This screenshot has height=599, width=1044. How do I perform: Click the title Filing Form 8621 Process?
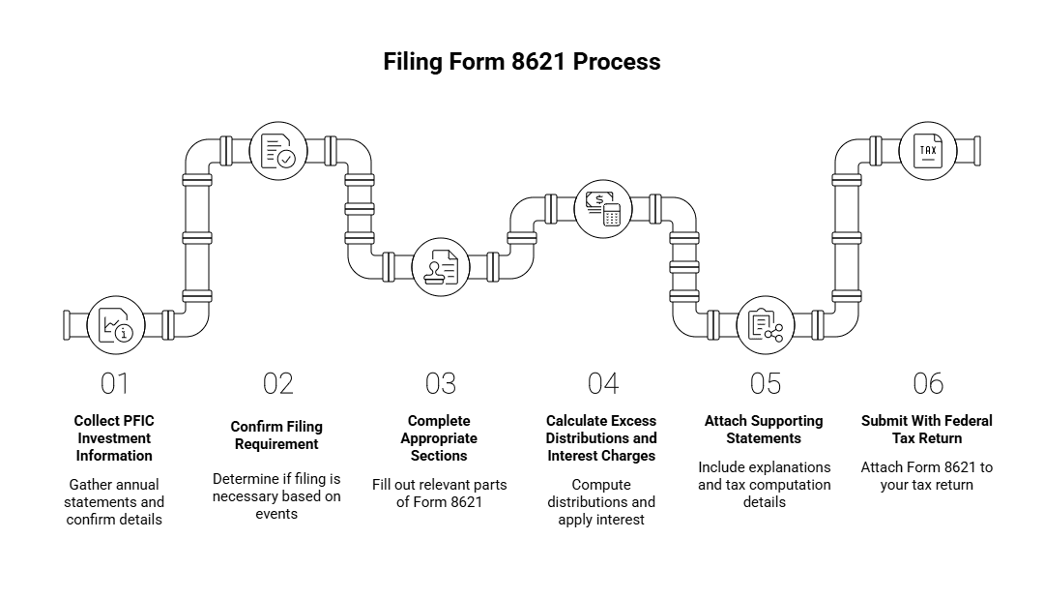(522, 62)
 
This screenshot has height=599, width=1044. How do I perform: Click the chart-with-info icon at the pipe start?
(115, 324)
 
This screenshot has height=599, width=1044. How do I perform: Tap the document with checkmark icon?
(277, 151)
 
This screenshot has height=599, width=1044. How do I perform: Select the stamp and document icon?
(440, 266)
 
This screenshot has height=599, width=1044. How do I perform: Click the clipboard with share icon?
(766, 324)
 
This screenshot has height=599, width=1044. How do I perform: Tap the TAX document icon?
(928, 151)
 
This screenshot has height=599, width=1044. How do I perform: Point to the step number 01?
(115, 384)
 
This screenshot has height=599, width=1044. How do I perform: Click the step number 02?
(277, 384)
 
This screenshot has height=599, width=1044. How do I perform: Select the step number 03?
(440, 384)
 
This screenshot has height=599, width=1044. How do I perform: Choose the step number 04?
(603, 384)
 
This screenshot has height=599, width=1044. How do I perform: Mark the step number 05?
(766, 384)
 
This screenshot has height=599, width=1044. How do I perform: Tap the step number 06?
(928, 384)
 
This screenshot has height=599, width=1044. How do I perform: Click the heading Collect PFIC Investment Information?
(115, 438)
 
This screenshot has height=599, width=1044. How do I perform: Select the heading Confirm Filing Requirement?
(277, 435)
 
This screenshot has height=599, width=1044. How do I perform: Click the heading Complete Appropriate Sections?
(440, 438)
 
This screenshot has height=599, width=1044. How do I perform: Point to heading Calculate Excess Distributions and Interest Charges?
(601, 438)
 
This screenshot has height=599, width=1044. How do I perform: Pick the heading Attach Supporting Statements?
(765, 430)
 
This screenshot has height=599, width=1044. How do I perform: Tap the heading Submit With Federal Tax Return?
(927, 430)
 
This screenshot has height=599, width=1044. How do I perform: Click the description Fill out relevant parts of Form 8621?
(440, 494)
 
